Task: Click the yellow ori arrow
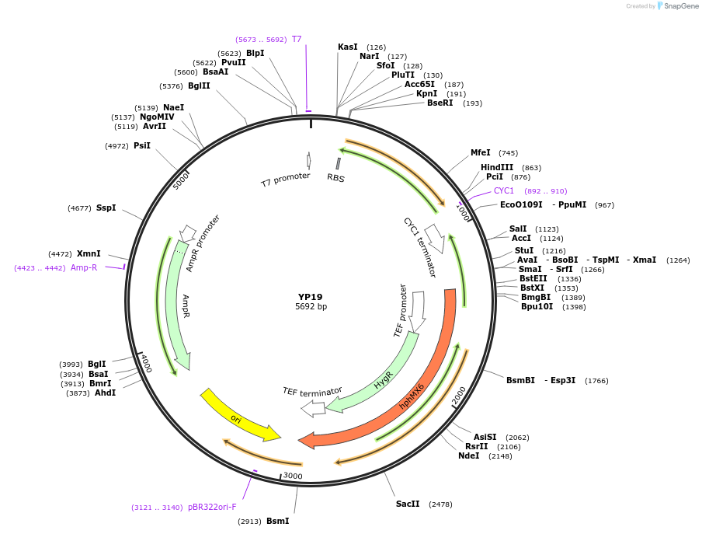click(x=239, y=416)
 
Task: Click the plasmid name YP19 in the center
click(x=311, y=297)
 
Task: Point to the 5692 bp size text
click(x=311, y=307)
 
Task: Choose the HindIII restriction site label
click(x=496, y=167)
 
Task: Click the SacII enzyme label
click(x=408, y=504)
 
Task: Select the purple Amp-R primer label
click(x=84, y=267)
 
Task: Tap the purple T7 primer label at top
click(x=297, y=39)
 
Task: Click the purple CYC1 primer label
click(x=504, y=190)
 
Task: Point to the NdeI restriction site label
click(x=469, y=456)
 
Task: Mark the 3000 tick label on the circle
click(x=292, y=475)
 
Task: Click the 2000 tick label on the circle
click(x=460, y=395)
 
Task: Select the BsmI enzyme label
click(x=277, y=521)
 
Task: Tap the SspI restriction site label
click(x=106, y=208)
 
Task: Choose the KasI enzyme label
click(x=347, y=47)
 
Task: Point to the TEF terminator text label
click(x=312, y=391)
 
